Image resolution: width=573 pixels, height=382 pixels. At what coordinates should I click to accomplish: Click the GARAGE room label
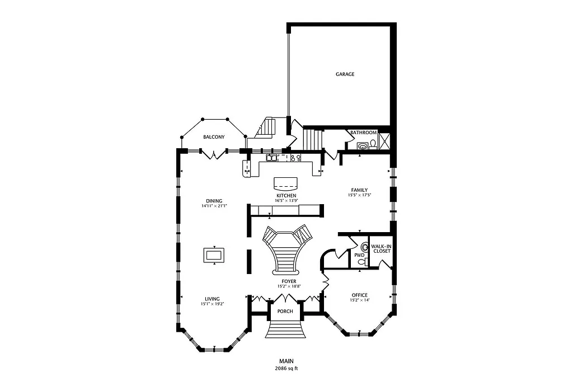click(345, 74)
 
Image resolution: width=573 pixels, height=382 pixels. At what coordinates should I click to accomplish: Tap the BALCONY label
click(214, 137)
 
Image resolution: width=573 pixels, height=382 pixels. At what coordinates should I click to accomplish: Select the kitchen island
click(286, 183)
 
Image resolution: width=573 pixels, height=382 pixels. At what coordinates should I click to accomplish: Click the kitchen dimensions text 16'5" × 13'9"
click(286, 200)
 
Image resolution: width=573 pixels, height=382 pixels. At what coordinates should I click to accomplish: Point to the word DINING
click(214, 201)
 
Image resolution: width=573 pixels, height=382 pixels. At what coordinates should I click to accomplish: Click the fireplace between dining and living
click(214, 255)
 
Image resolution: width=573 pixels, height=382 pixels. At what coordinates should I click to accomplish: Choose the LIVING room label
click(212, 299)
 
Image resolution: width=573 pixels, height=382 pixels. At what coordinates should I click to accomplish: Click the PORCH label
click(286, 312)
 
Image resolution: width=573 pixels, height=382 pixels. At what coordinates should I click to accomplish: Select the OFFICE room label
click(359, 295)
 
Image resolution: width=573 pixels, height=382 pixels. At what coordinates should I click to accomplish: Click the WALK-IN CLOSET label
click(382, 248)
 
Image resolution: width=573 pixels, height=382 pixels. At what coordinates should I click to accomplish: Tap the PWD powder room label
click(359, 255)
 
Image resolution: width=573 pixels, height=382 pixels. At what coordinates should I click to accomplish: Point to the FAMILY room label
click(359, 190)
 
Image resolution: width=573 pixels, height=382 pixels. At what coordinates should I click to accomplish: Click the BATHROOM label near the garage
click(363, 133)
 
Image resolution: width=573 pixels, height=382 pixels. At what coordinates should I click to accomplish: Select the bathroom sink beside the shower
click(363, 146)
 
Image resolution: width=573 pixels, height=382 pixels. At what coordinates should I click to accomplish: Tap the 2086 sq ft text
click(286, 369)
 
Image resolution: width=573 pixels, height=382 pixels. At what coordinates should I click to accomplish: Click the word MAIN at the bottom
click(286, 361)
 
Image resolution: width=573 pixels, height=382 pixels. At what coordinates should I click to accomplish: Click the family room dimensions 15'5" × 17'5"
click(359, 195)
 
